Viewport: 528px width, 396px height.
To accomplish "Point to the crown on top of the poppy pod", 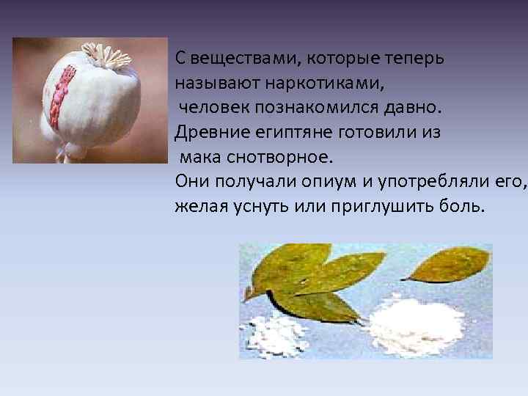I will pos(103,56).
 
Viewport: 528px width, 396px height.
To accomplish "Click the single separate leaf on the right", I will pos(447,264).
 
